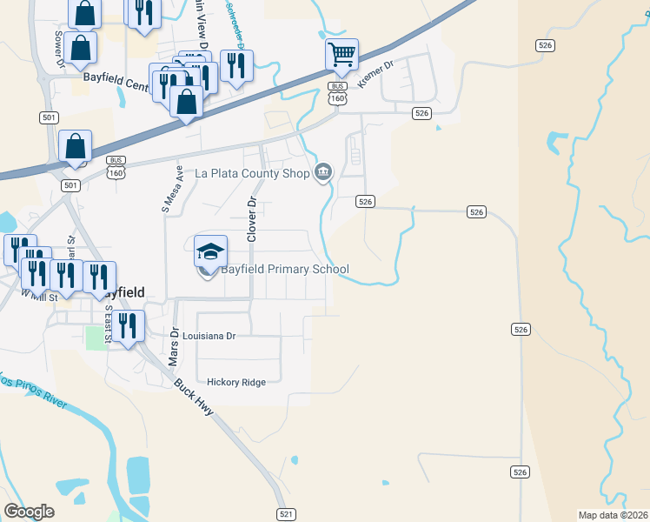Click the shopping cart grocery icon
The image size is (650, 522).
[x=342, y=55]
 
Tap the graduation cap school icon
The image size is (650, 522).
[x=210, y=251]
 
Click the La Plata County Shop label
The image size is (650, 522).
[x=252, y=173]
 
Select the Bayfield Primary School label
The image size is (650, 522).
[x=284, y=269]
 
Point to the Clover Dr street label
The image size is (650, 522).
[x=252, y=219]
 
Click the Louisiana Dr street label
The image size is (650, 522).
[x=209, y=335]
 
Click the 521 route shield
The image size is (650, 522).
[x=286, y=514]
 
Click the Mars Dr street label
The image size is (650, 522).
[x=174, y=345]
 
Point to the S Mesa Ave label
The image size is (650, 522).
[x=169, y=191]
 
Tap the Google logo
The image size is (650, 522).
[x=29, y=511]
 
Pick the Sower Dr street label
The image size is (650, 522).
[x=59, y=49]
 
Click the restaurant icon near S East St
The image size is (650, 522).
[x=129, y=326]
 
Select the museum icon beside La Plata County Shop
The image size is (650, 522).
[x=323, y=172]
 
